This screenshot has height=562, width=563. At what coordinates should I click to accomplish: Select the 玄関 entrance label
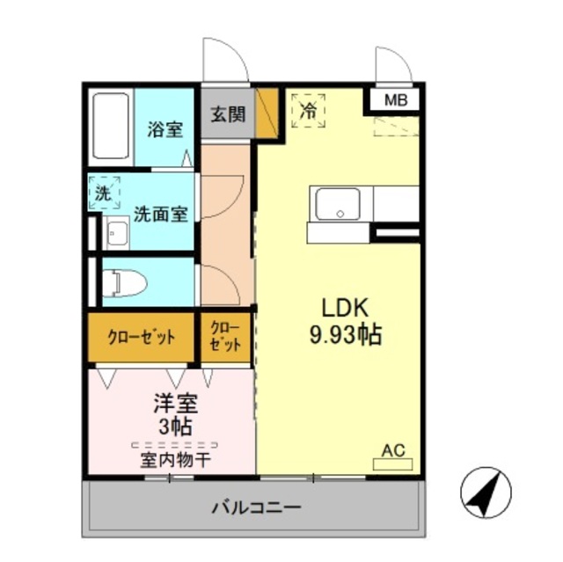tap(228, 115)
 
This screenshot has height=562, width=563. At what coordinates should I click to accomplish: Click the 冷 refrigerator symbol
tap(309, 111)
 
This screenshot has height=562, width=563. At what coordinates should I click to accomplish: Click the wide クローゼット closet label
tap(141, 337)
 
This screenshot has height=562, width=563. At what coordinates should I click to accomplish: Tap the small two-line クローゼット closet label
tap(226, 336)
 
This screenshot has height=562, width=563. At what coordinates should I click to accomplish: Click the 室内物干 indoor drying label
tap(174, 458)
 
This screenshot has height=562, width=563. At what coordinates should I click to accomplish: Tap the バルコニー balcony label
tap(256, 507)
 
